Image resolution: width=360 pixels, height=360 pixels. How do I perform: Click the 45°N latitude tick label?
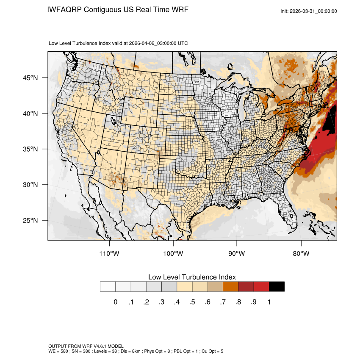(x=30, y=78)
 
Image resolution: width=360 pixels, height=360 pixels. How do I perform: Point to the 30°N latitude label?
(x=30, y=185)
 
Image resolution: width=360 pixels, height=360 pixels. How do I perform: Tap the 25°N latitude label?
(x=30, y=220)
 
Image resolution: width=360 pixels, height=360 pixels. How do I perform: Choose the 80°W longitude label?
(x=301, y=254)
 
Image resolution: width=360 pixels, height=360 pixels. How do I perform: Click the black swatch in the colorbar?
(x=277, y=287)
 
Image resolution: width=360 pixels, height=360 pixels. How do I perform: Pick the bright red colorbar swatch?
(x=261, y=287)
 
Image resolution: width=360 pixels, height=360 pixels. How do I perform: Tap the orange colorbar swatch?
(x=231, y=287)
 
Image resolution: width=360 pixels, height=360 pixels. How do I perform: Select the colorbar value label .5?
(x=192, y=302)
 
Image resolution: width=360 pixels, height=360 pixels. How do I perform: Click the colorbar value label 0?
(x=115, y=302)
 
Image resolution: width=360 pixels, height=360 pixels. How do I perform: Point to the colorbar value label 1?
(x=269, y=302)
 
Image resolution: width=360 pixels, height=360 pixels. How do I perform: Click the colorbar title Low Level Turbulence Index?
(x=192, y=277)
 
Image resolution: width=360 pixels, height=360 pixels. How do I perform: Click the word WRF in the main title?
(x=178, y=9)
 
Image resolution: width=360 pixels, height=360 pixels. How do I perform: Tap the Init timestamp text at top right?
(x=309, y=11)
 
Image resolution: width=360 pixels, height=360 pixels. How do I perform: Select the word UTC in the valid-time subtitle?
(x=183, y=43)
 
